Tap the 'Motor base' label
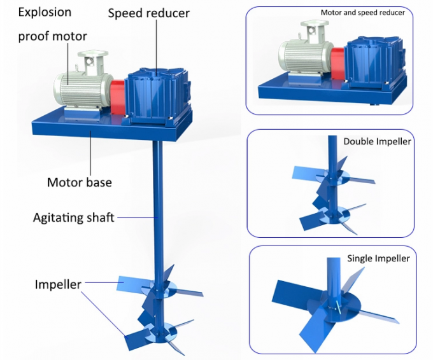pos(79,183)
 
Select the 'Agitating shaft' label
pos(73,218)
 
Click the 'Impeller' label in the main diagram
pos(57,284)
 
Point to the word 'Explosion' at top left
pos(44,11)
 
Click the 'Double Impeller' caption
pos(377,141)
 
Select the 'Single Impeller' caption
pos(378,258)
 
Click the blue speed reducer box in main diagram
pos(153,95)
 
